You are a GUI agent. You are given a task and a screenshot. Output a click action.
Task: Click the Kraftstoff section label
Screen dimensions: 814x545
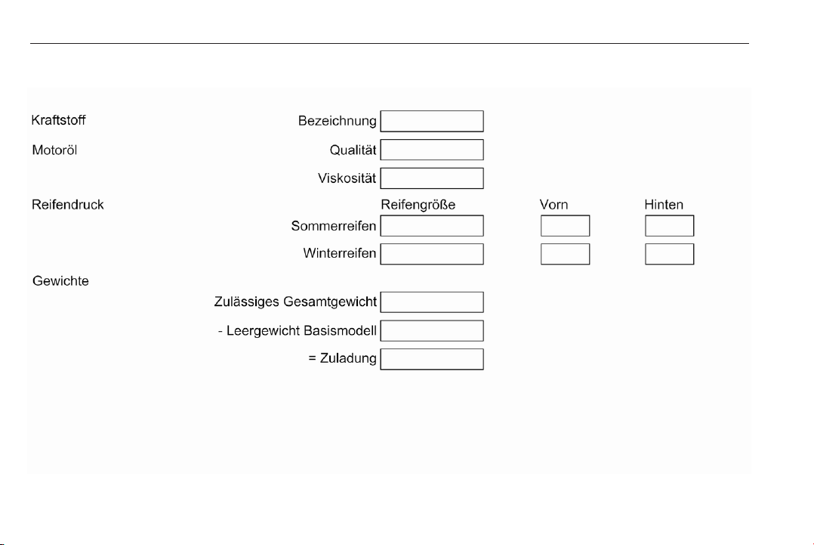tap(59, 120)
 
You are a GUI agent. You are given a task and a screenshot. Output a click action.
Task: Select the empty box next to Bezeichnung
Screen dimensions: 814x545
tap(432, 121)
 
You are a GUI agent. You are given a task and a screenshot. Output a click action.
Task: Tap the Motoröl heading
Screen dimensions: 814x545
tap(54, 150)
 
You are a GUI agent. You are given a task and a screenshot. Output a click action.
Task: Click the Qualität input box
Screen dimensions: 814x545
tap(432, 150)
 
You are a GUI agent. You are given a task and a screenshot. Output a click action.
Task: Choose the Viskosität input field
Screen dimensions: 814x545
tap(432, 178)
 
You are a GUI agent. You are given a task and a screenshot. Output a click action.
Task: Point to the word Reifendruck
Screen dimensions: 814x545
tap(68, 205)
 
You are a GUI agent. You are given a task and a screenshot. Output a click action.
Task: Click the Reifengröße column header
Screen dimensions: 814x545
tap(418, 205)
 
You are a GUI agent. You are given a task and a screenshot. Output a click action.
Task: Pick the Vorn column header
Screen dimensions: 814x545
tap(554, 205)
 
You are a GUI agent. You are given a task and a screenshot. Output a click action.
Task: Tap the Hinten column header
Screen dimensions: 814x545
tap(664, 205)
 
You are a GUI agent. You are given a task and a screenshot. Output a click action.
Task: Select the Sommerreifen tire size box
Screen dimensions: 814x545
tap(432, 226)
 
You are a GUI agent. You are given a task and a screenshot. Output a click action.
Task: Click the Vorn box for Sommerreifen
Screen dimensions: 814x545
tap(566, 226)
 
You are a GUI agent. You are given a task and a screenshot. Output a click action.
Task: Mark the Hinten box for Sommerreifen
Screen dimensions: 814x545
tap(670, 226)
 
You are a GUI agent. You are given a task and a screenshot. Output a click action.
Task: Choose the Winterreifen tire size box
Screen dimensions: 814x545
tap(432, 254)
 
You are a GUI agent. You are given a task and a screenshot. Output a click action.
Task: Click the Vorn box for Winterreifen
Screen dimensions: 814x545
tap(566, 254)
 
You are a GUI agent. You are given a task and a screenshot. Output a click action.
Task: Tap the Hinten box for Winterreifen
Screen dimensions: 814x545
tap(670, 254)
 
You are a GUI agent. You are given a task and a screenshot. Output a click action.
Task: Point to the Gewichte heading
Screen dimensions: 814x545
tap(60, 281)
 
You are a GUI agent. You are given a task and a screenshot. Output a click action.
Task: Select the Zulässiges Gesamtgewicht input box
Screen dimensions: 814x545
tap(432, 302)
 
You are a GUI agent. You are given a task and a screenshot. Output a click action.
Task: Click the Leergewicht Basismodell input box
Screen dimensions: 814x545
tap(432, 331)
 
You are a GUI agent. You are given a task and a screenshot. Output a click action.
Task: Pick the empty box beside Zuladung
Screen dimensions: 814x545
tap(432, 359)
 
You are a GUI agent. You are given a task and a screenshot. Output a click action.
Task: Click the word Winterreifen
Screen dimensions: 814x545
tap(340, 253)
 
